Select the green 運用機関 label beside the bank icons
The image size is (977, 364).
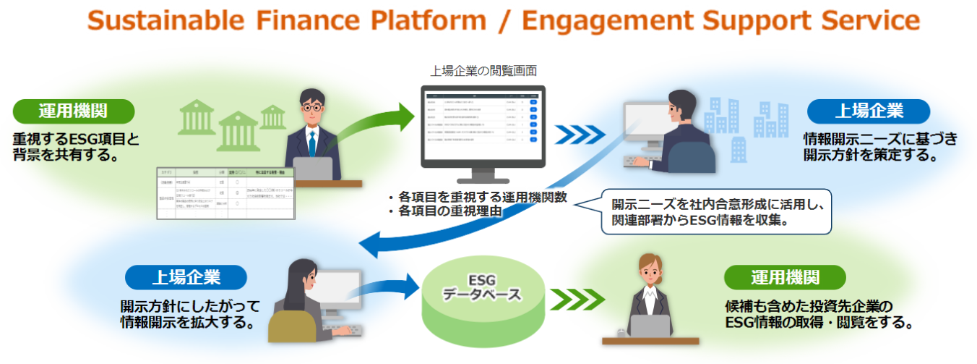click(74, 111)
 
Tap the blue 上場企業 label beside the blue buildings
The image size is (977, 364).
click(869, 111)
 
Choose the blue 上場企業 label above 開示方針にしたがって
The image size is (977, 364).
click(186, 276)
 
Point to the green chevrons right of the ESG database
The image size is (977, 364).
click(575, 297)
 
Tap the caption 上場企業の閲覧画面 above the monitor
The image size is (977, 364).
click(483, 71)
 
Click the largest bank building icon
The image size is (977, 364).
click(238, 131)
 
